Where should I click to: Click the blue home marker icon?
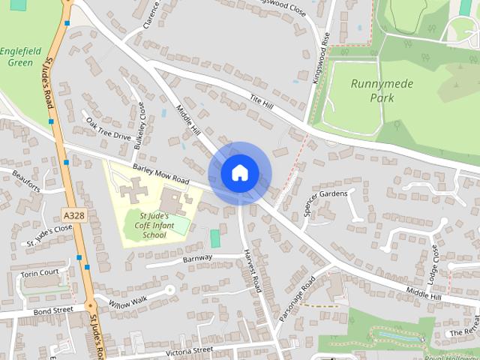[x=239, y=173]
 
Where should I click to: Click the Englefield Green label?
[x=16, y=57]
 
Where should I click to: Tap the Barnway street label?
[x=198, y=259]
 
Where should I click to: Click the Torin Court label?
[x=39, y=273]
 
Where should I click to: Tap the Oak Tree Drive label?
[x=108, y=129]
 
